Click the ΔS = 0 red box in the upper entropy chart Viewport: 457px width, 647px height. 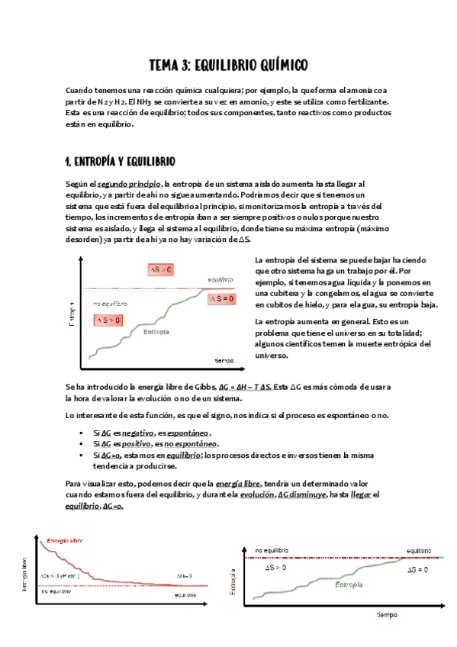click(222, 299)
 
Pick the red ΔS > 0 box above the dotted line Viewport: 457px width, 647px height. click(160, 270)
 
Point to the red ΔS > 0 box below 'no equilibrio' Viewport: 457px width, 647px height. click(108, 320)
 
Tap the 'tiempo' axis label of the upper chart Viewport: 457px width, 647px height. click(224, 359)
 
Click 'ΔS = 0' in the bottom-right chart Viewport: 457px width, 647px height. click(417, 569)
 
